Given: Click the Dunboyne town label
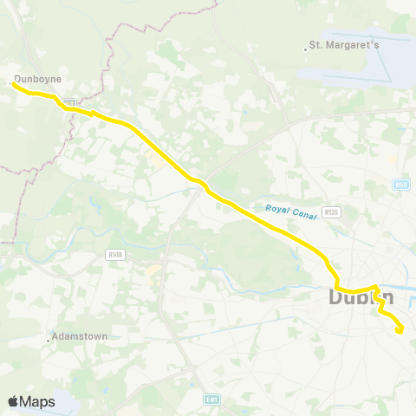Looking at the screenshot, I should tap(39, 78).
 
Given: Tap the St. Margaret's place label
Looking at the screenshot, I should tap(345, 45).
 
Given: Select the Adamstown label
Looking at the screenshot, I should tap(79, 335).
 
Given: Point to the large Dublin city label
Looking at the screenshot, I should tap(361, 298).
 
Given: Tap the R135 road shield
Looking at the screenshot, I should tap(329, 211).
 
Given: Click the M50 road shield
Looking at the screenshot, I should tap(400, 183).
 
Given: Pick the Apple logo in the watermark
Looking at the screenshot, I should tap(14, 401).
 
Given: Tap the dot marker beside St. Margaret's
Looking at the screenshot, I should tap(306, 49).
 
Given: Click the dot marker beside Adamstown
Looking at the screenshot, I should tap(49, 340).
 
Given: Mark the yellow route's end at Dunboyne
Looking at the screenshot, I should tap(12, 84).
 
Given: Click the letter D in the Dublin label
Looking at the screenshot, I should tap(338, 298).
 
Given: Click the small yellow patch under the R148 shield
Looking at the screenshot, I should tap(154, 271).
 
